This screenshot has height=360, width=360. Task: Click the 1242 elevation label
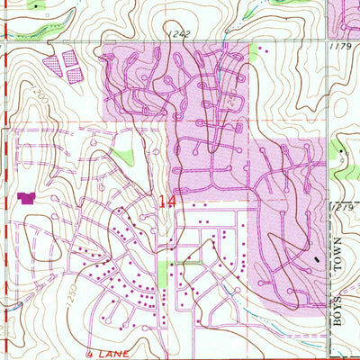coord(177,34)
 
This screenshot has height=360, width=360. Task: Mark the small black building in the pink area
coord(316,257)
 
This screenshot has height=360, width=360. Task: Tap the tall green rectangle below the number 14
coord(164,273)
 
